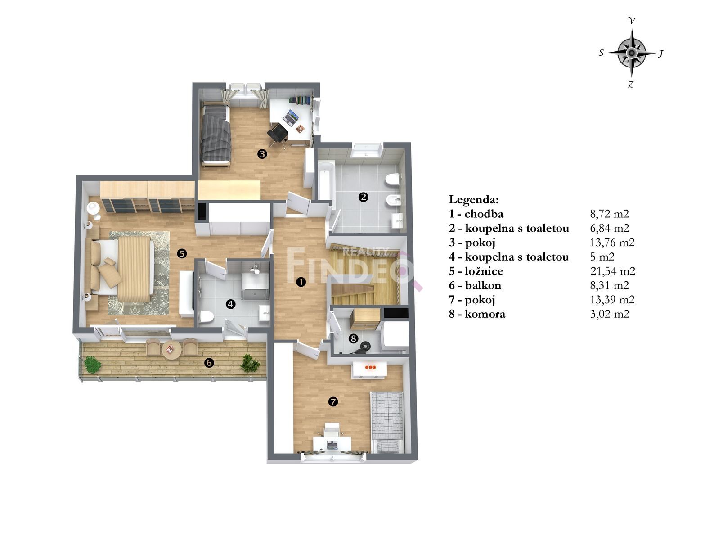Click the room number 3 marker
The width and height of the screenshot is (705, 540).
click(x=262, y=154)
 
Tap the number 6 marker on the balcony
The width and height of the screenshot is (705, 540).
click(x=209, y=363)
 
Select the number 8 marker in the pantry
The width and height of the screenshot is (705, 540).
click(x=353, y=339)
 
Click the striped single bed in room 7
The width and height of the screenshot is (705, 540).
click(x=387, y=422)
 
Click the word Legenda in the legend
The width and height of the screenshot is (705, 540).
click(x=474, y=200)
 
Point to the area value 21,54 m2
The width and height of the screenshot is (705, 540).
click(x=612, y=271)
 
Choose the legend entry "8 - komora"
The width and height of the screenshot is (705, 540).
click(x=477, y=314)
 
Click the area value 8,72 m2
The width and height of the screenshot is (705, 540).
click(x=609, y=214)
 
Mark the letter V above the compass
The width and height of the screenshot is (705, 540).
click(x=631, y=21)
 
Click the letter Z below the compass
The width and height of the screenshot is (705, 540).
click(x=631, y=85)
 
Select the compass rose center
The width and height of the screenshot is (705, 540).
click(x=631, y=53)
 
